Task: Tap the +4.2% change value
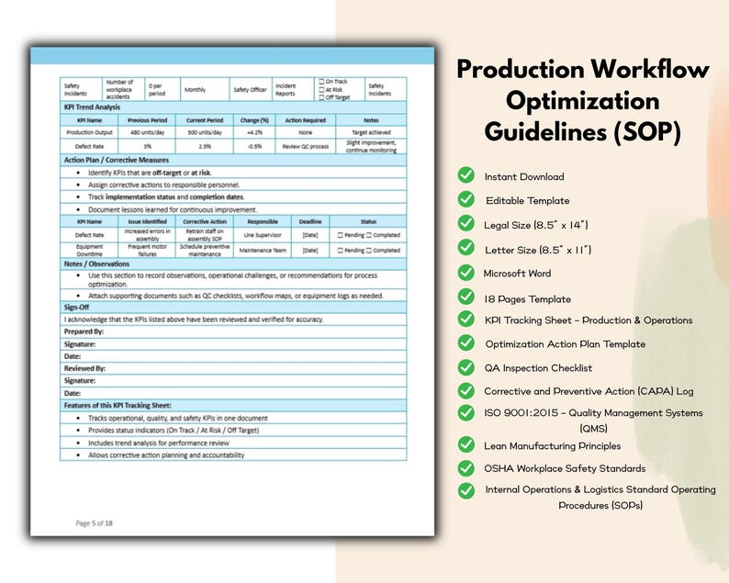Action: click(x=254, y=132)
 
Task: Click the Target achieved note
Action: click(x=370, y=132)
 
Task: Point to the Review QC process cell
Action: click(x=305, y=146)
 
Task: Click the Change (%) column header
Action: click(x=254, y=119)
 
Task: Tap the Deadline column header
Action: click(x=309, y=220)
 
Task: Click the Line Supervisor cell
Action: click(x=263, y=235)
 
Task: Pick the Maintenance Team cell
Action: click(x=263, y=249)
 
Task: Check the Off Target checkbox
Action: click(x=321, y=96)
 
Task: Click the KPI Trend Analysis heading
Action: click(x=95, y=107)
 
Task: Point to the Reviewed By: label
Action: click(x=84, y=368)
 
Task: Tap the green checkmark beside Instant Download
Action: click(x=466, y=176)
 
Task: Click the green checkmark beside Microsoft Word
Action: click(x=466, y=273)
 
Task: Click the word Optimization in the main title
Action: click(x=582, y=100)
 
